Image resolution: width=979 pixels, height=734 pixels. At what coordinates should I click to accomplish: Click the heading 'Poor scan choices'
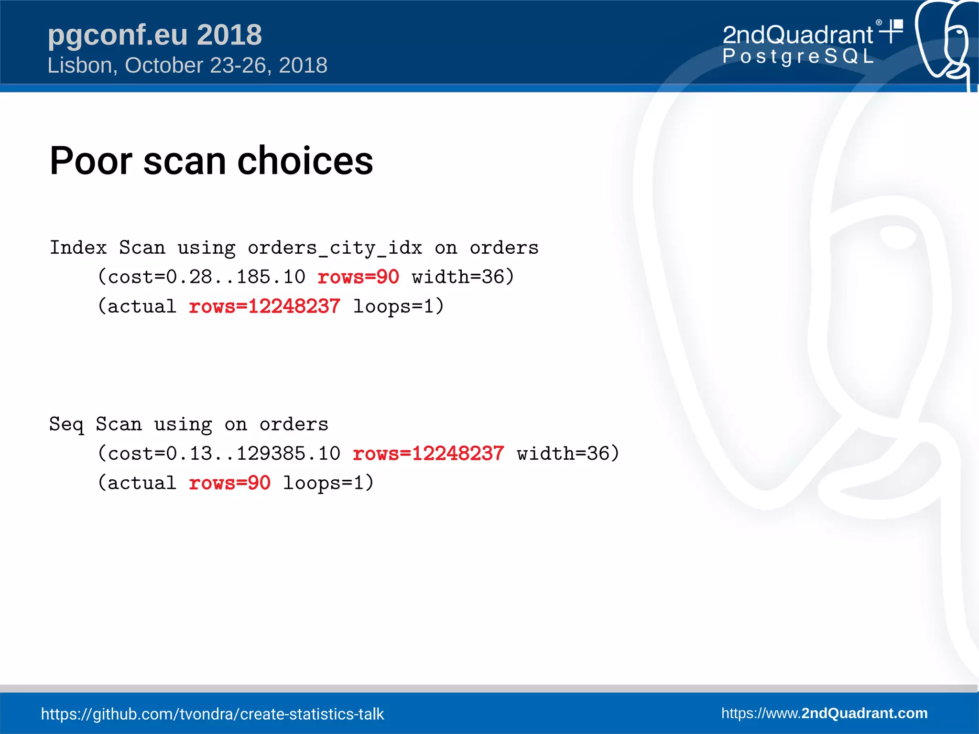tap(211, 161)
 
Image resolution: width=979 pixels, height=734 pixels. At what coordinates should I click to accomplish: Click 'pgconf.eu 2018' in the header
tap(154, 35)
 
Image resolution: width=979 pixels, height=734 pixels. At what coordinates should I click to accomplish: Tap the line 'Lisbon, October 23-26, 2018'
tap(187, 65)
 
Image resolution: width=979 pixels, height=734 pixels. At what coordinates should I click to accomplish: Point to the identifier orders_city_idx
tap(335, 248)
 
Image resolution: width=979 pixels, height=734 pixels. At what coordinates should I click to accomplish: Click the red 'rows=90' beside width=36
tap(358, 277)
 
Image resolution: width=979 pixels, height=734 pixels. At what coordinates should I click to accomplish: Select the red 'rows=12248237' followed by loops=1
tap(264, 306)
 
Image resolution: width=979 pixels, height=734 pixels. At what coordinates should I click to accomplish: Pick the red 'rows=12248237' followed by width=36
tap(428, 453)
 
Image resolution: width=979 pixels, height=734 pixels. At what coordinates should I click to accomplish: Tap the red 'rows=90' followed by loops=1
tap(229, 483)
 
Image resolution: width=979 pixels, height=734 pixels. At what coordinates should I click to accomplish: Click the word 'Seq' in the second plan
tap(66, 424)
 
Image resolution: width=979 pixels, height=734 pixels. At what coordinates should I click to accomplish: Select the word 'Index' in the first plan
tap(78, 248)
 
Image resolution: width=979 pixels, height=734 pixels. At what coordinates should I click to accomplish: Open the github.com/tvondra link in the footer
tap(212, 714)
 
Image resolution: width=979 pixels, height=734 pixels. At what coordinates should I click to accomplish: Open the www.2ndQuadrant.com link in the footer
tap(824, 713)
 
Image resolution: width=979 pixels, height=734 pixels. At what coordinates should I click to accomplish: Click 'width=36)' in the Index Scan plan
tap(463, 277)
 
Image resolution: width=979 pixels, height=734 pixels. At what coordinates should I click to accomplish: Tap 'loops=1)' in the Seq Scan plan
tap(328, 483)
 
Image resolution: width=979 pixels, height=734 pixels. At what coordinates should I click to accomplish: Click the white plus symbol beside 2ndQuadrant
tap(892, 32)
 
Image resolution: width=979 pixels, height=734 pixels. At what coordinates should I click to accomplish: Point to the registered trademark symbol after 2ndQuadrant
tap(879, 22)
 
